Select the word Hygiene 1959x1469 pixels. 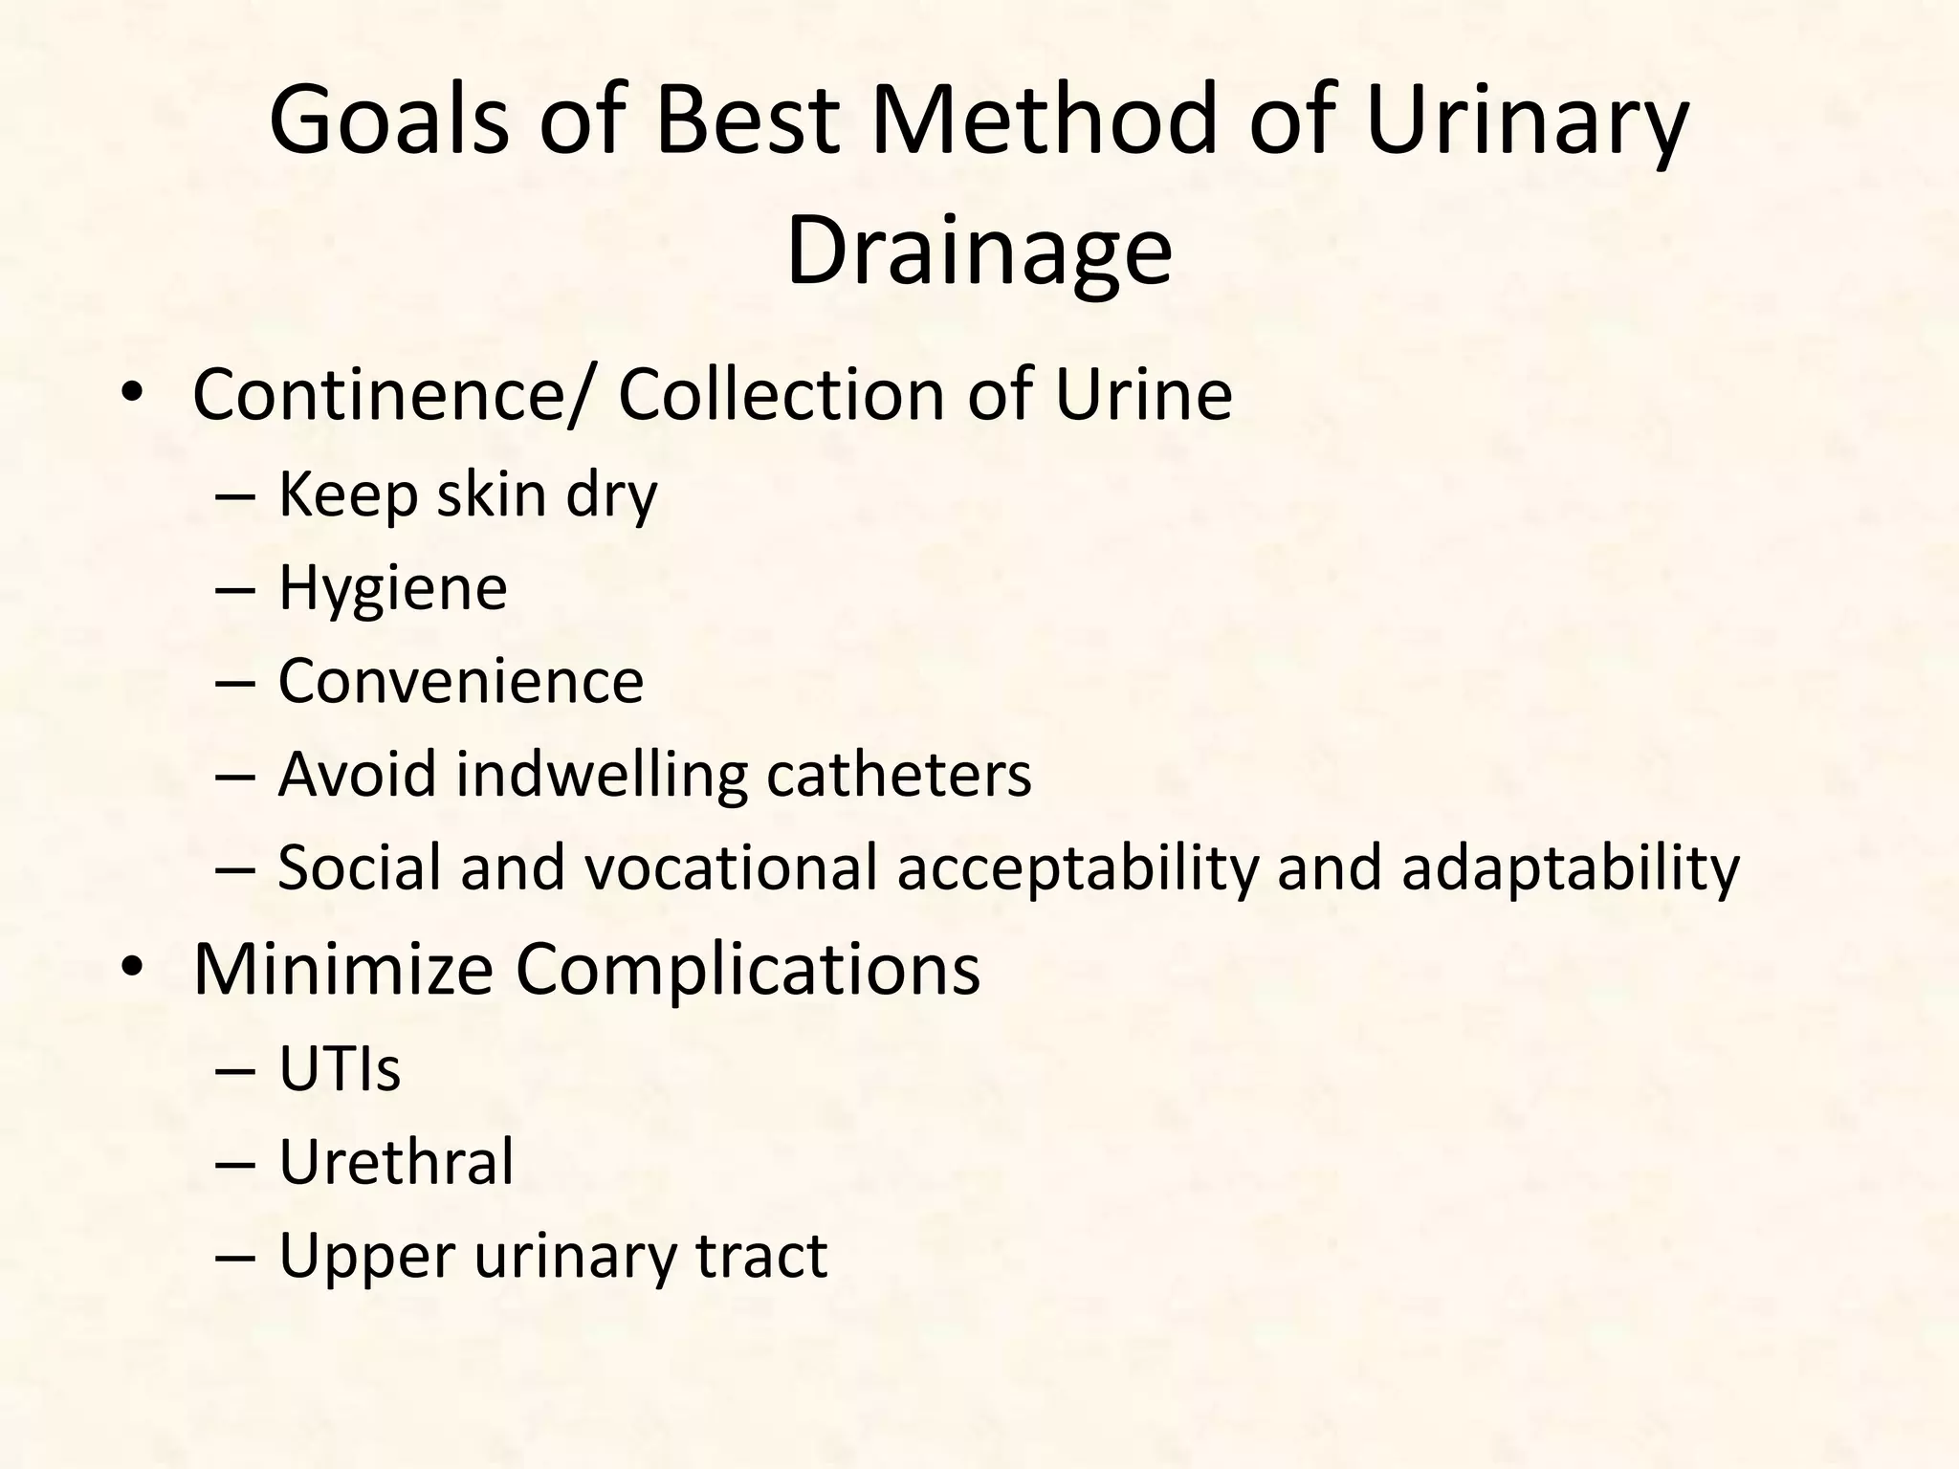click(x=392, y=589)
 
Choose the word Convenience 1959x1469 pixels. click(x=460, y=681)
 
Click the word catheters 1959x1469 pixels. click(x=898, y=774)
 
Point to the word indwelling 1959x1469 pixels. click(x=602, y=776)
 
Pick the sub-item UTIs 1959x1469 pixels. click(x=340, y=1068)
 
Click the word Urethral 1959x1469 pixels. click(x=396, y=1162)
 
